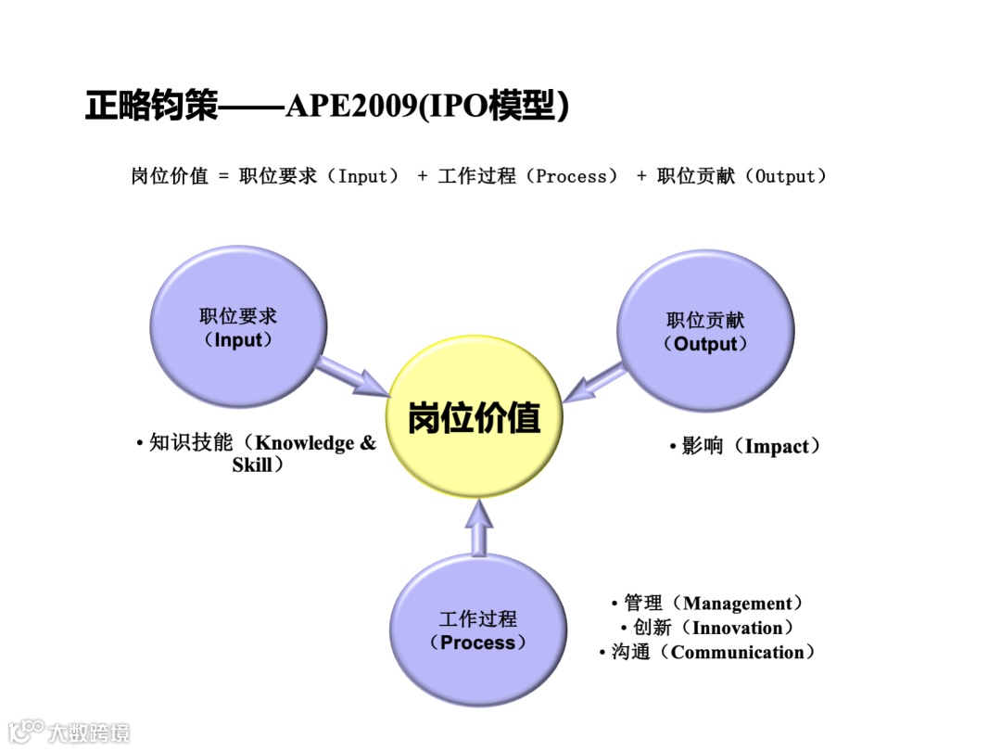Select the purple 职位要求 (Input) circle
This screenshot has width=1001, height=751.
click(x=238, y=328)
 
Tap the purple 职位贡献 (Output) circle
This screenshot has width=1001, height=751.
click(x=705, y=332)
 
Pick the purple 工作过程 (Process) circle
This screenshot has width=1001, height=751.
click(x=478, y=630)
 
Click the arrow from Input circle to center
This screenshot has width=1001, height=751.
click(x=353, y=376)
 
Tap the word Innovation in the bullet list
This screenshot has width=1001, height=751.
click(x=738, y=629)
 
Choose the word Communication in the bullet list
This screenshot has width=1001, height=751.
click(x=738, y=653)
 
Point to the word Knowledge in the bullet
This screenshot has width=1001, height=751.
click(x=306, y=443)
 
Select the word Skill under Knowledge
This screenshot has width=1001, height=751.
click(x=252, y=465)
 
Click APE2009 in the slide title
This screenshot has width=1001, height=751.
click(x=351, y=107)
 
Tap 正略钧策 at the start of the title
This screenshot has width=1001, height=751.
click(x=151, y=107)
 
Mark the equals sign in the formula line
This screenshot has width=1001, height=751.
click(x=223, y=176)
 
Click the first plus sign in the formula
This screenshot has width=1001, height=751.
click(x=423, y=176)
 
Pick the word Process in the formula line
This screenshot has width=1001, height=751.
click(x=572, y=176)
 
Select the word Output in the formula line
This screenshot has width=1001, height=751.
click(x=785, y=176)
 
